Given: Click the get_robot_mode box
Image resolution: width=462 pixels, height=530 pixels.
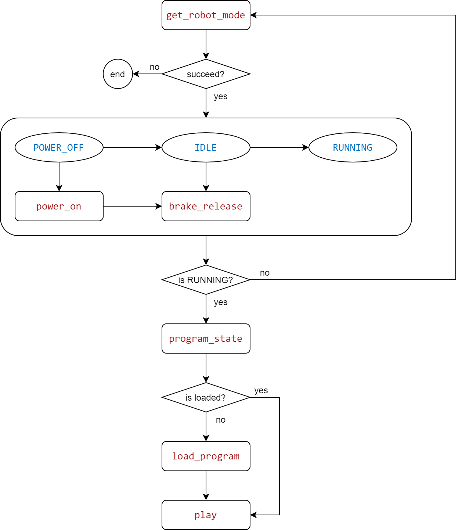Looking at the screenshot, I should [206, 15].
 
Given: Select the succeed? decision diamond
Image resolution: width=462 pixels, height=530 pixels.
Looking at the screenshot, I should [206, 74].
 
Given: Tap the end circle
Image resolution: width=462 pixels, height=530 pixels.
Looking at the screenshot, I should [118, 74].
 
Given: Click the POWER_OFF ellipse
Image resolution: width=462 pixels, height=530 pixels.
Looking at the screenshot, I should [59, 147].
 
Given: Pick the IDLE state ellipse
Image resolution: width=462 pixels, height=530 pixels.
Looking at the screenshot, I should [206, 147].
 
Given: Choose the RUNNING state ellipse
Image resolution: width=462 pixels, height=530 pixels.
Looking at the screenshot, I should [353, 147].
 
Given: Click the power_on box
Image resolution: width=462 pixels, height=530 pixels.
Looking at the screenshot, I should [59, 206].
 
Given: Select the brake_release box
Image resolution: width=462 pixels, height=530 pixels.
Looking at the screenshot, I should [206, 206].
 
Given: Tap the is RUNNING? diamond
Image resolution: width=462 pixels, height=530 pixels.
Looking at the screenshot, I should [206, 280].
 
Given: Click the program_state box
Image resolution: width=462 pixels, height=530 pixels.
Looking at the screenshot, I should [206, 339].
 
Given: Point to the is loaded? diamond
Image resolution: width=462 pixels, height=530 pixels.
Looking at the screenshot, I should [206, 397].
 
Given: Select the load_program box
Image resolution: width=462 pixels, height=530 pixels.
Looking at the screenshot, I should [206, 456].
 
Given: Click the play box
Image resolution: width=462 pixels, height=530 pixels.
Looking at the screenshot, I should [206, 515].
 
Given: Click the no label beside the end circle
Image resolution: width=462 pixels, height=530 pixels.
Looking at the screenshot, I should [155, 67].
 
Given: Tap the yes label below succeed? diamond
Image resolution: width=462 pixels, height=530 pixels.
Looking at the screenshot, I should [221, 96].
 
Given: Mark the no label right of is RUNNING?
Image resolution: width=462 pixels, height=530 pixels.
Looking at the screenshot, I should [265, 273].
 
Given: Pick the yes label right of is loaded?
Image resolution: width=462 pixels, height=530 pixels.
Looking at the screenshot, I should [261, 390].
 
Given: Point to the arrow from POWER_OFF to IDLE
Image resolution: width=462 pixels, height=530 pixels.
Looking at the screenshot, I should [132, 147].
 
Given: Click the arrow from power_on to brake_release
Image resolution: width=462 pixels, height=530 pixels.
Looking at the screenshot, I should [132, 206].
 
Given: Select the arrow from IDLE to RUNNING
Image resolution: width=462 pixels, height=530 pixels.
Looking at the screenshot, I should [279, 147].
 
